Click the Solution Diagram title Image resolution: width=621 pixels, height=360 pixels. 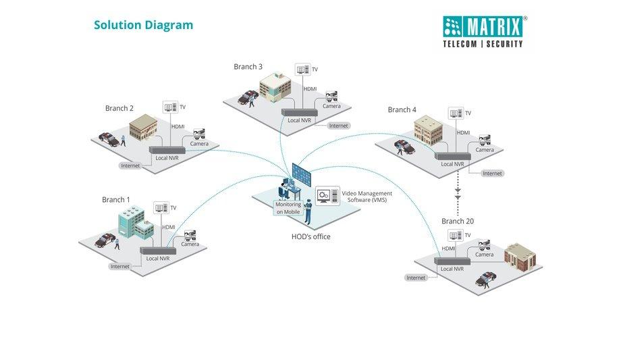pyautogui.click(x=143, y=26)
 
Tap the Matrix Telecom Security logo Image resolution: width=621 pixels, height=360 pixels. pyautogui.click(x=483, y=32)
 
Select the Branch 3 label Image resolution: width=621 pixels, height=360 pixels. pyautogui.click(x=248, y=67)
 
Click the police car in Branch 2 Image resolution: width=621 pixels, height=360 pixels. pyautogui.click(x=109, y=138)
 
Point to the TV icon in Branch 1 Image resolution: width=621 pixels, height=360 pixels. pyautogui.click(x=160, y=208)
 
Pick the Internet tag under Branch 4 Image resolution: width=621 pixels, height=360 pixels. pyautogui.click(x=492, y=174)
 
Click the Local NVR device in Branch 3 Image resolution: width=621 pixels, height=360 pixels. pyautogui.click(x=298, y=112)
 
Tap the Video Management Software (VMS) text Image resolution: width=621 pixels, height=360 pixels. pyautogui.click(x=367, y=197)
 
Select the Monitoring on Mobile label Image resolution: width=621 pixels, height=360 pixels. pyautogui.click(x=288, y=208)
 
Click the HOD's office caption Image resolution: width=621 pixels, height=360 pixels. pyautogui.click(x=311, y=236)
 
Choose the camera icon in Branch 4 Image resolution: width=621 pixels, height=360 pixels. pyautogui.click(x=483, y=141)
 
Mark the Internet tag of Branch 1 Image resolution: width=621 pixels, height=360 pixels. pyautogui.click(x=119, y=267)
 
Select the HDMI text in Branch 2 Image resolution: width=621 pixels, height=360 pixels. pyautogui.click(x=178, y=126)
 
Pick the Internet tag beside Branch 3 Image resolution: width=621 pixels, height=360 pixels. pyautogui.click(x=338, y=126)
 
